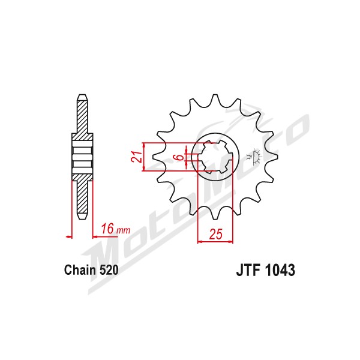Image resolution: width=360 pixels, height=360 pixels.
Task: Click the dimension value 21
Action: pos(136,157)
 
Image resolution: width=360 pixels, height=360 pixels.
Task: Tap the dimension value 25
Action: pos(216,234)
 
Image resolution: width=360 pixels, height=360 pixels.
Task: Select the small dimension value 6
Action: pos(181,157)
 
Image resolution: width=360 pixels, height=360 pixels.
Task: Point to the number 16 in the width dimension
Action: pos(107,229)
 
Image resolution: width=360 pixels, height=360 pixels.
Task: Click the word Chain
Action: pos(80,270)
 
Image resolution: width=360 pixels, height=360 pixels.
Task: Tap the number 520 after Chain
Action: pos(109,270)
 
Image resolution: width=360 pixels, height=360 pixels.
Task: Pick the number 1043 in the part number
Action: pos(280,270)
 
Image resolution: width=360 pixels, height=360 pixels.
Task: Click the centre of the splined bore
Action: pos(215,157)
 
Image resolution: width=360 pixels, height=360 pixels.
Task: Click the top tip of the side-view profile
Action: pos(82,95)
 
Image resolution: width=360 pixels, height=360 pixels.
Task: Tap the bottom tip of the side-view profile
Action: pos(82,219)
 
